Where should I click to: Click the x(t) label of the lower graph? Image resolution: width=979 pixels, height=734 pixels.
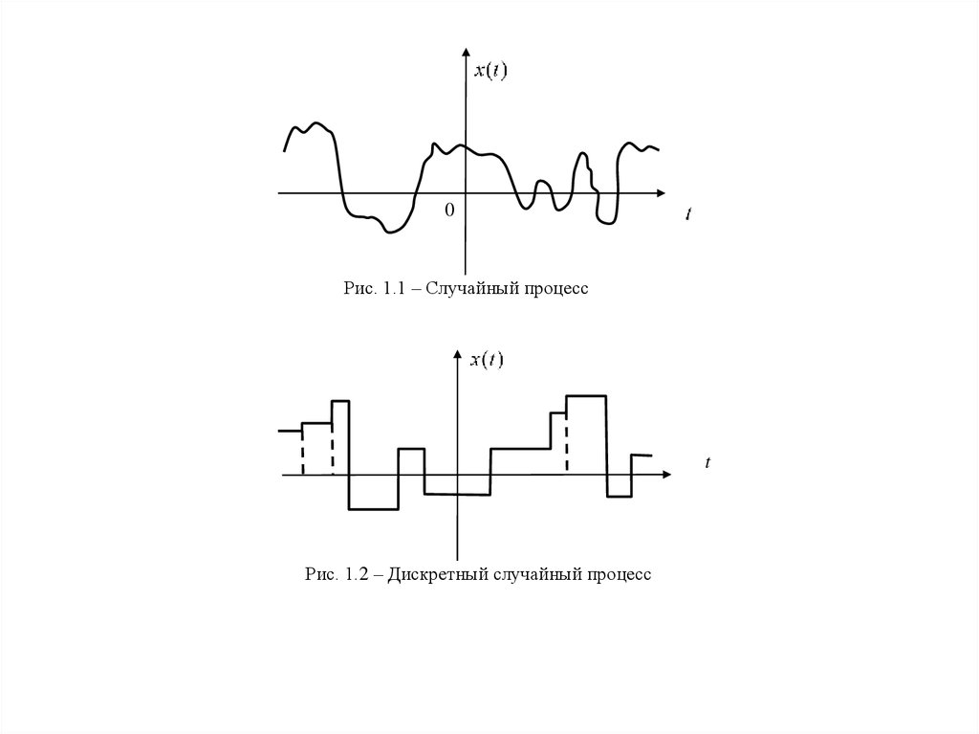487,360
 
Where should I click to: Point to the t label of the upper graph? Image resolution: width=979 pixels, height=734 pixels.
687,214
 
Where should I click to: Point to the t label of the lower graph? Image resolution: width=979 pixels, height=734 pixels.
707,463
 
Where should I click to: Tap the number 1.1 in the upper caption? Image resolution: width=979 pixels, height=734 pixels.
395,288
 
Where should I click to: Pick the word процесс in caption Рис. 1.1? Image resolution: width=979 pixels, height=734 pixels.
553,288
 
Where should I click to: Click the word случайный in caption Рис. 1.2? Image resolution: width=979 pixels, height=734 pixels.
532,575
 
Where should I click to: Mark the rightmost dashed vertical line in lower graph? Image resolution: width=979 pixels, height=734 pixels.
566,441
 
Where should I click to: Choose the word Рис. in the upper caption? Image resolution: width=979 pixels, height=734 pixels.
359,288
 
